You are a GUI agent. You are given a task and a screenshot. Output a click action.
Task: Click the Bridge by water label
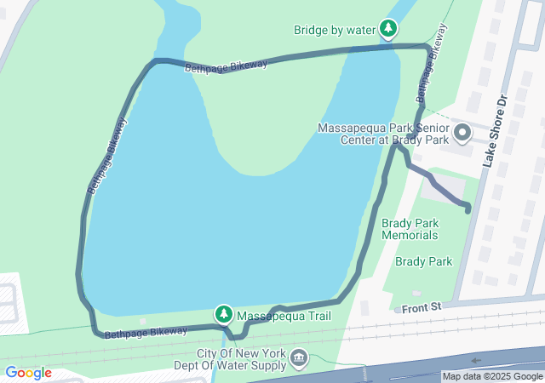coord(335,30)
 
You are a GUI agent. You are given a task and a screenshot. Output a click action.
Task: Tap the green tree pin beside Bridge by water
coord(388,30)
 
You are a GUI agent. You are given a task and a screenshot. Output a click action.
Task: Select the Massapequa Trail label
coord(283,317)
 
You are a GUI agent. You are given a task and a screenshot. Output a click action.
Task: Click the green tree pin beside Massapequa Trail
coord(224,315)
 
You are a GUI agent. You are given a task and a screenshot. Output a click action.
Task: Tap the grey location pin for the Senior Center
coord(462,133)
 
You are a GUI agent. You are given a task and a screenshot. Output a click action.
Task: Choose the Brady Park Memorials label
coord(410,229)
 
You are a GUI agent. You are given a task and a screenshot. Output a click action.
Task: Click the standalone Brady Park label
coord(424,262)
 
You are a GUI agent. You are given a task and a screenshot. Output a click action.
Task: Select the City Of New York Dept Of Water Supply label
coord(243,360)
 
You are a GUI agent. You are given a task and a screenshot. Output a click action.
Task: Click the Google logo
coord(28,373)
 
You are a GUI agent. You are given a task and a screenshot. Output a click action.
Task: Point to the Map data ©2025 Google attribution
coord(491,376)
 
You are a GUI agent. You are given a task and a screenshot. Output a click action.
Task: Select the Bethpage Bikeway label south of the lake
coord(146,332)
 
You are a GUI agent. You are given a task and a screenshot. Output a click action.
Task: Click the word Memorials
coord(410,235)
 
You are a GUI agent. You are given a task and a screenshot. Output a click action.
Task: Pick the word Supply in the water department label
coord(264,366)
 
